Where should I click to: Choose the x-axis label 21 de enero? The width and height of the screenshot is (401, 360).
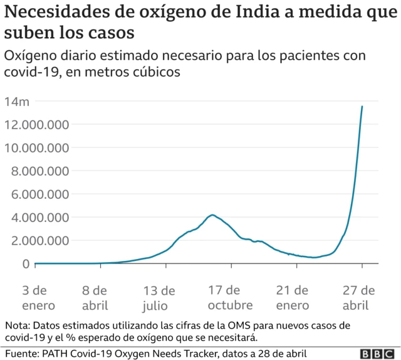[292, 298]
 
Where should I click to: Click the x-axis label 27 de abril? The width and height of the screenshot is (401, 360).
[360, 298]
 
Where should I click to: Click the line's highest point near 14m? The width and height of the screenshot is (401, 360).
[362, 107]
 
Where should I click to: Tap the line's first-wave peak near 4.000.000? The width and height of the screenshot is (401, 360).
[213, 215]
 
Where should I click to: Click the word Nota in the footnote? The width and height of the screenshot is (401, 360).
[18, 326]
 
